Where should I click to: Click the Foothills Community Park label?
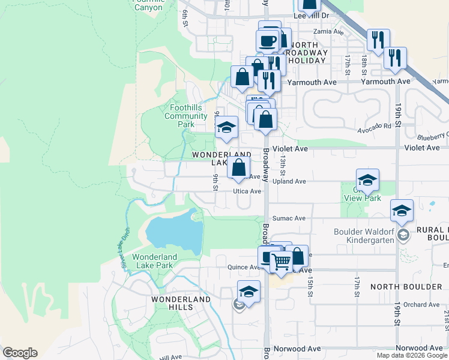click(185, 116)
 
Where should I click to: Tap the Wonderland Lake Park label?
click(155, 261)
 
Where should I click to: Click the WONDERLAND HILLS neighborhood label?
click(181, 303)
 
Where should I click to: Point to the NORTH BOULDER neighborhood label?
click(406, 287)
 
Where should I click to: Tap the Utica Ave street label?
click(247, 191)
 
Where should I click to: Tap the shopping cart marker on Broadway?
click(280, 262)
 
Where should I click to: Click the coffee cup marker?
click(267, 41)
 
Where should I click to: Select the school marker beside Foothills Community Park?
click(226, 128)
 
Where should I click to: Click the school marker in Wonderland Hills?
click(248, 292)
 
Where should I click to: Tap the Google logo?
click(20, 353)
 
